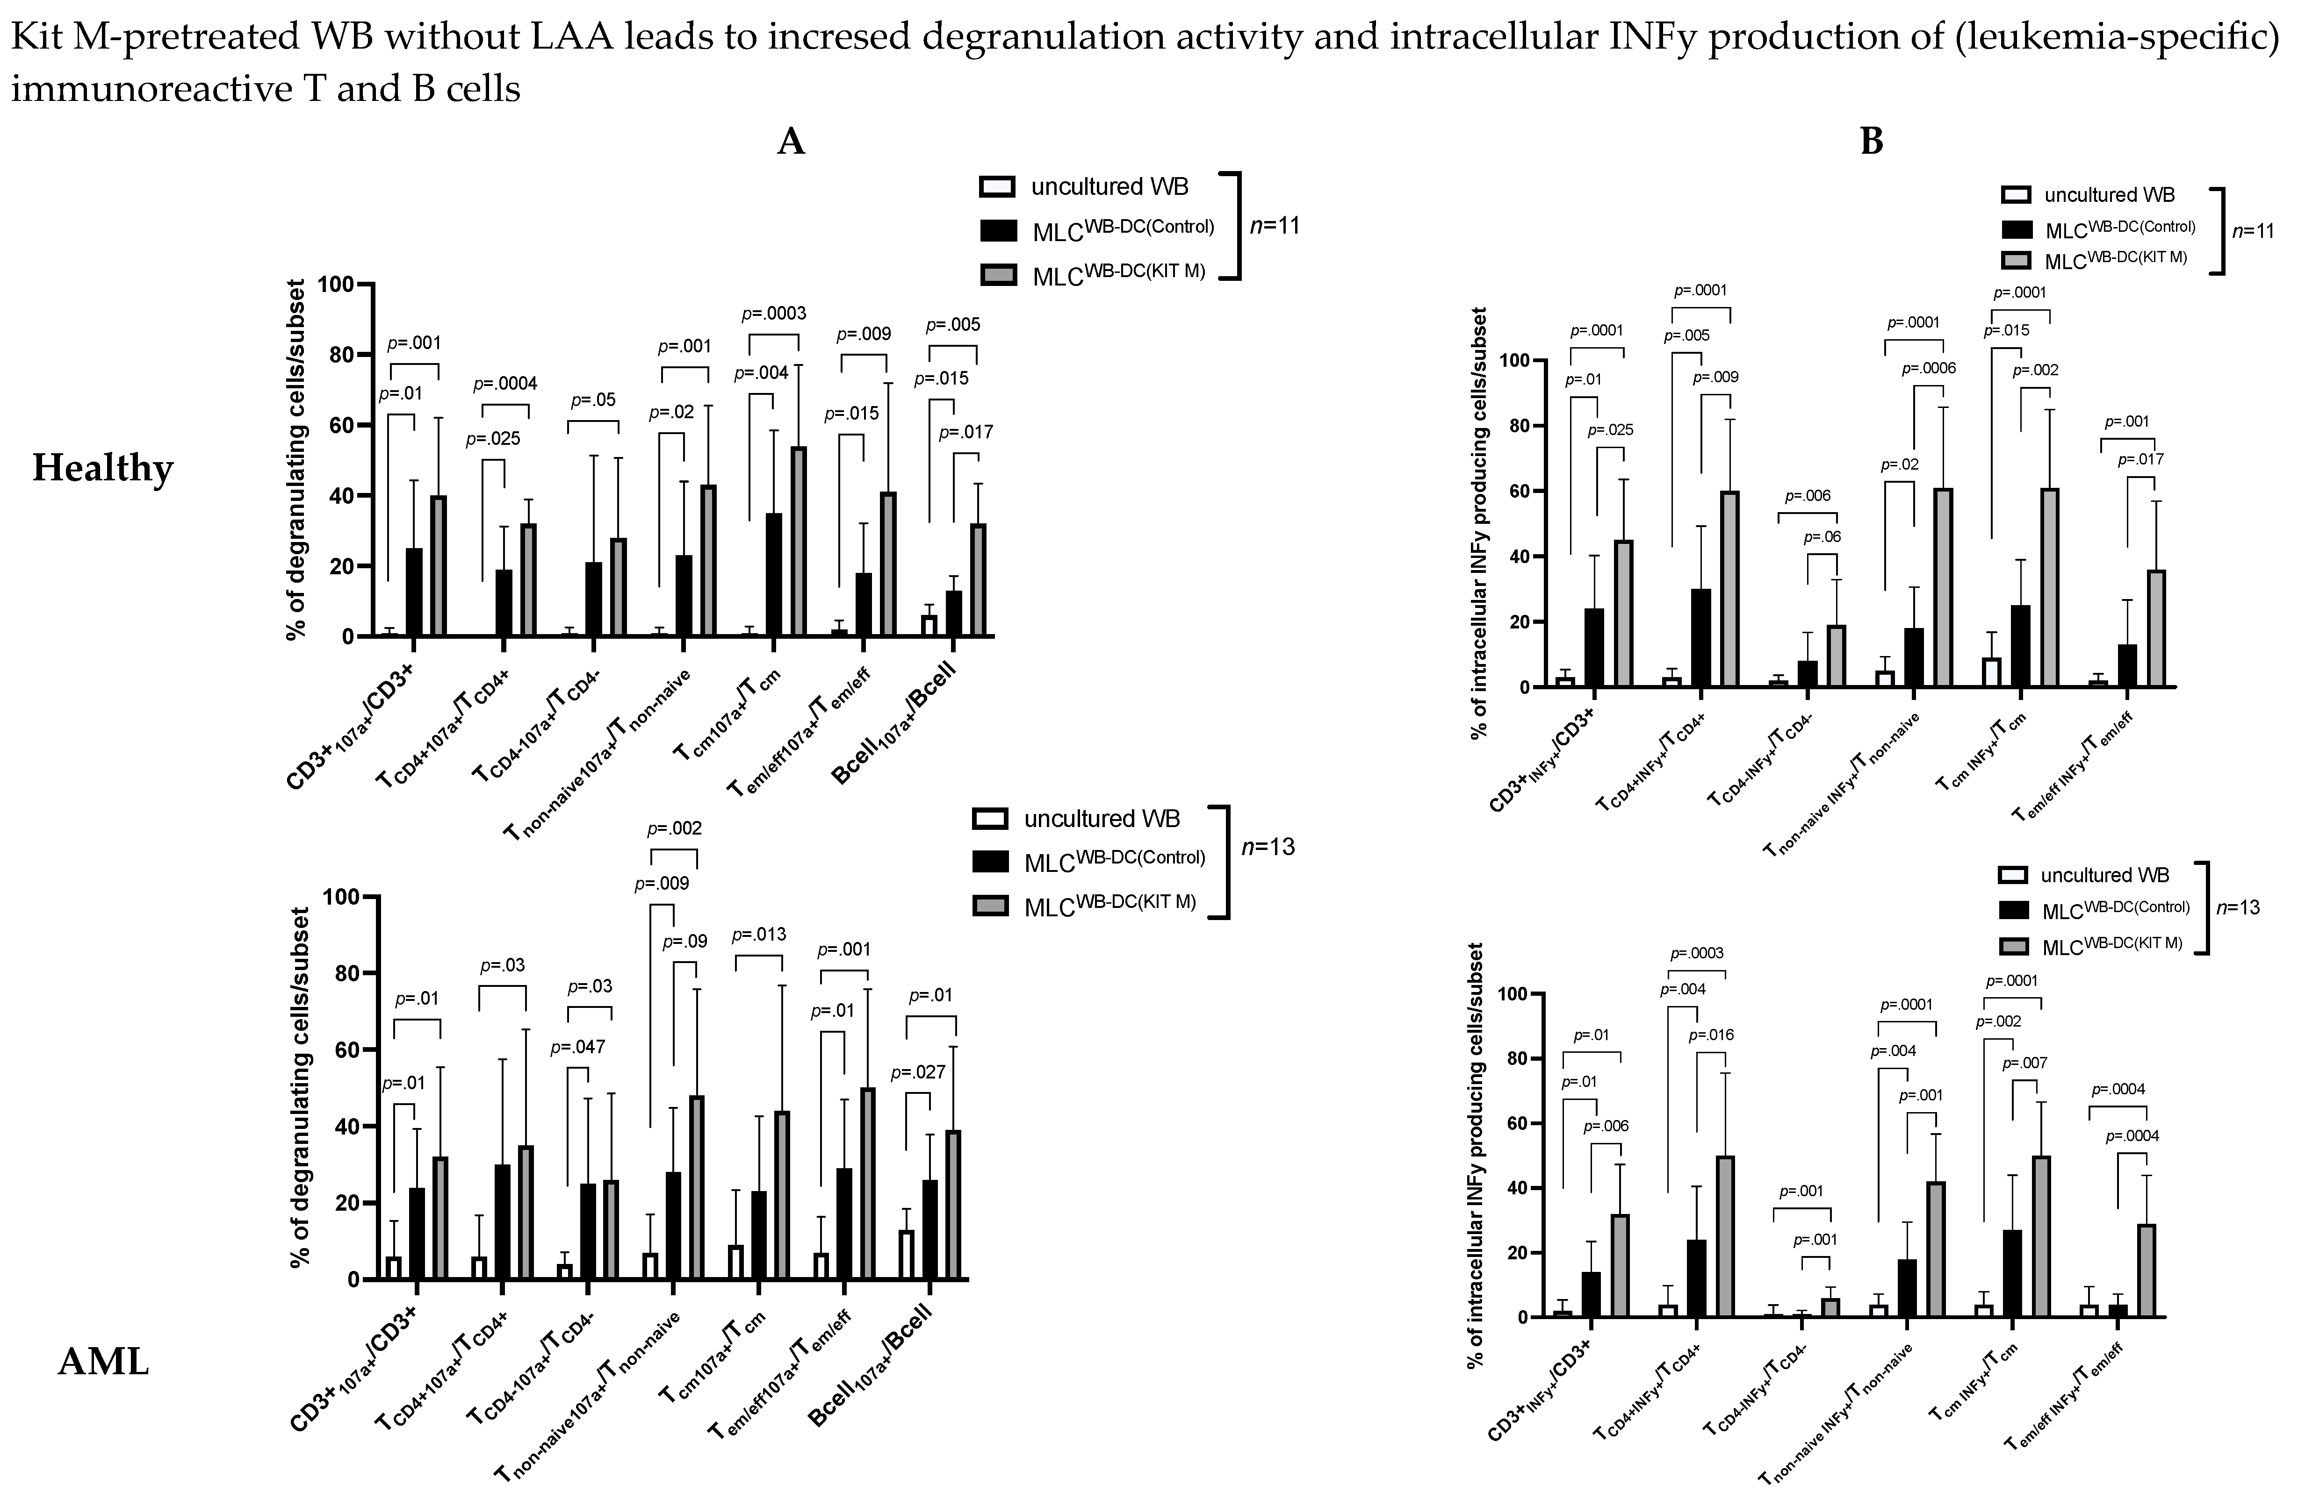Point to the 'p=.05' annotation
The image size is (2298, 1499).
(x=593, y=400)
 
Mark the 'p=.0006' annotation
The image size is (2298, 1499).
(x=1928, y=368)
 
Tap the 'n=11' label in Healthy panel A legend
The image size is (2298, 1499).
(x=1275, y=226)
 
